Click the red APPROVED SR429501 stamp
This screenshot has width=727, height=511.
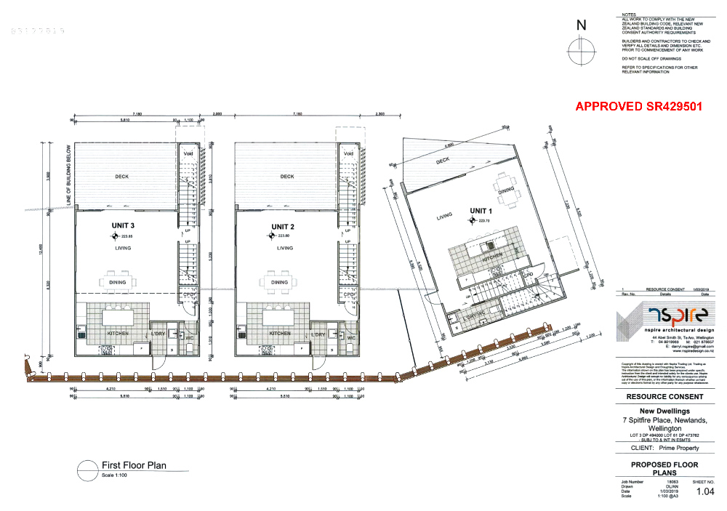pyautogui.click(x=638, y=106)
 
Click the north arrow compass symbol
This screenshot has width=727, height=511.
pyautogui.click(x=581, y=52)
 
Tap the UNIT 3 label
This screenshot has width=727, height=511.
pyautogui.click(x=124, y=226)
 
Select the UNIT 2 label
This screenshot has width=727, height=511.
pyautogui.click(x=281, y=226)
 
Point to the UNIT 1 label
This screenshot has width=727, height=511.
pyautogui.click(x=478, y=211)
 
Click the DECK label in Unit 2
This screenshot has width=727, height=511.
pyautogui.click(x=287, y=177)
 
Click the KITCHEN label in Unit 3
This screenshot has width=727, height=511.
pyautogui.click(x=118, y=334)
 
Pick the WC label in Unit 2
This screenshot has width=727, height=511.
pyautogui.click(x=350, y=338)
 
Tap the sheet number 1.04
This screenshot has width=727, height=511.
pyautogui.click(x=704, y=492)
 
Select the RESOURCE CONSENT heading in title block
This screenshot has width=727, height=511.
pyautogui.click(x=664, y=397)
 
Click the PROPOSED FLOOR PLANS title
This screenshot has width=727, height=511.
pyautogui.click(x=664, y=468)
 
